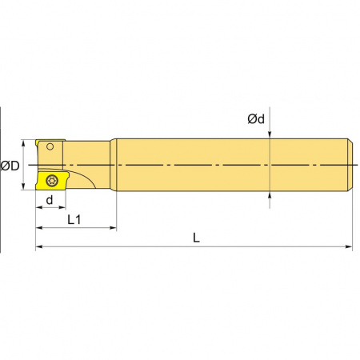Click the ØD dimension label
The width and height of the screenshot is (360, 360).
tap(10, 166)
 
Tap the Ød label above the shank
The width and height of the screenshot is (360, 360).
tap(256, 119)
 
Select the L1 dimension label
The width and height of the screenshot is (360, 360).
tap(74, 220)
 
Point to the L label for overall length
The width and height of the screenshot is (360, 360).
tap(196, 238)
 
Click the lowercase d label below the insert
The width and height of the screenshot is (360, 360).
tap(50, 200)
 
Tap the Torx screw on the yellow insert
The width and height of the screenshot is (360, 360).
tap(52, 181)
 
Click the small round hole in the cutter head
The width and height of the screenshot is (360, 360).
tap(50, 146)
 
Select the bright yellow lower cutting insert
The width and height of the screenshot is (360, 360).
tap(52, 181)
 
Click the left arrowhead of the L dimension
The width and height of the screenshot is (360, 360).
tap(39, 246)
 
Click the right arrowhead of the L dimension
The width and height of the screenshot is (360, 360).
tap(349, 246)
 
